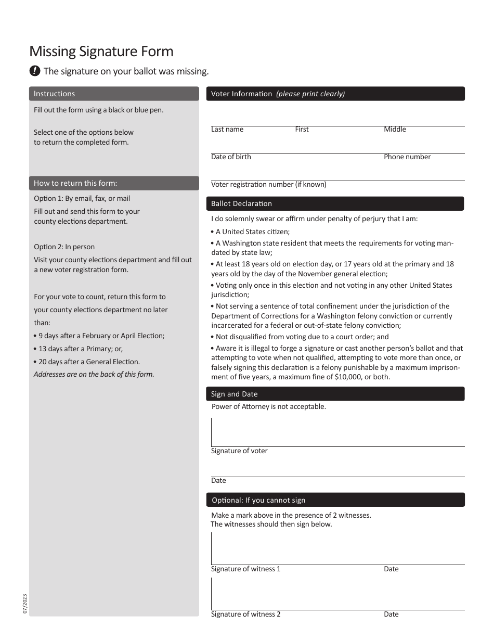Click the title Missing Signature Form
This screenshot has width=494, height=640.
101,52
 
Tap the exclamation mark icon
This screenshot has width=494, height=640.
35,71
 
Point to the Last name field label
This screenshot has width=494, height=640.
227,130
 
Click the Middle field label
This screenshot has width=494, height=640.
395,130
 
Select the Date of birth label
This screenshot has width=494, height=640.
231,157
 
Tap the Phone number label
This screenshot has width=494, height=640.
407,157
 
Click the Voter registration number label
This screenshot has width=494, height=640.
268,184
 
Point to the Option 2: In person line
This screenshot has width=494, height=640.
64,247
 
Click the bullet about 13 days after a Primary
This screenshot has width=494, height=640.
81,349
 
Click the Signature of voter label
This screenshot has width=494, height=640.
239,451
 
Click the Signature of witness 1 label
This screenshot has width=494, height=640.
245,569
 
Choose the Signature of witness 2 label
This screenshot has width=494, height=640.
245,614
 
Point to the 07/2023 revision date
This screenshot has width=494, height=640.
25,604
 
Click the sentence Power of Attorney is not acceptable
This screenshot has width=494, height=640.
269,406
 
